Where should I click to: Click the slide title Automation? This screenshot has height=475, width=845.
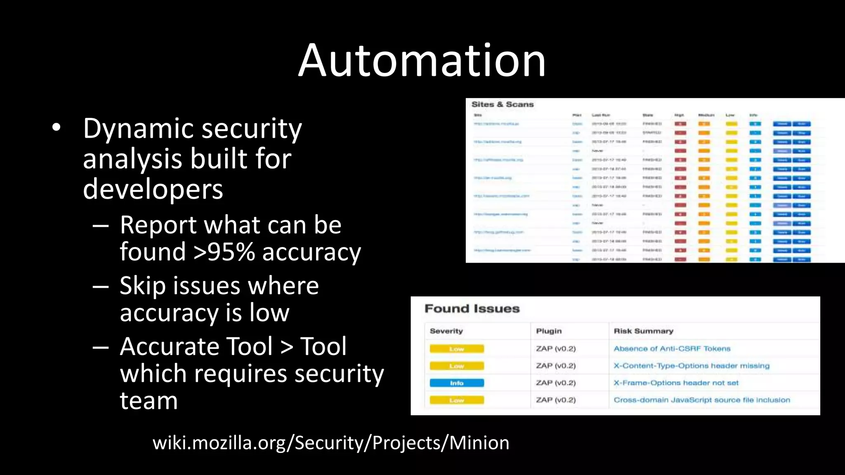click(422, 61)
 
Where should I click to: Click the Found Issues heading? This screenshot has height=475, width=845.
click(472, 309)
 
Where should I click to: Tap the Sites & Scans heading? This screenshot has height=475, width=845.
click(503, 105)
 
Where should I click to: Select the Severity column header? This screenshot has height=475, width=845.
click(446, 331)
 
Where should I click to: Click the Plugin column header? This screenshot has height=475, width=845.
click(549, 331)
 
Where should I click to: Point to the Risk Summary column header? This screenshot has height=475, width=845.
click(643, 331)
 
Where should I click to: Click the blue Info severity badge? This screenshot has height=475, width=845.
click(456, 383)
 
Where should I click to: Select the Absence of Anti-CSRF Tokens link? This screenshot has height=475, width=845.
click(672, 349)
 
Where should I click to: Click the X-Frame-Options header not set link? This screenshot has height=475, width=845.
click(676, 383)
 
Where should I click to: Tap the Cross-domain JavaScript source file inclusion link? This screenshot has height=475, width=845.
click(701, 400)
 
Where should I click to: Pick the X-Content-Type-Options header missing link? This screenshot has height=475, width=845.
click(691, 366)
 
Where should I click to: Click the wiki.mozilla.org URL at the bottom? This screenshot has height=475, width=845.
click(331, 443)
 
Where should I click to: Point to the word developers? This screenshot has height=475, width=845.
click(153, 189)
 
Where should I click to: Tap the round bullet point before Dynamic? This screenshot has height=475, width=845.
click(57, 127)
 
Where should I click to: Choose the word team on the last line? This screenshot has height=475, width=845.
click(149, 401)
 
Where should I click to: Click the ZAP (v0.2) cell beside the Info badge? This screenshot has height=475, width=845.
click(555, 383)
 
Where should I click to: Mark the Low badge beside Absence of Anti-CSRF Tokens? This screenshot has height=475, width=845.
click(456, 349)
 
